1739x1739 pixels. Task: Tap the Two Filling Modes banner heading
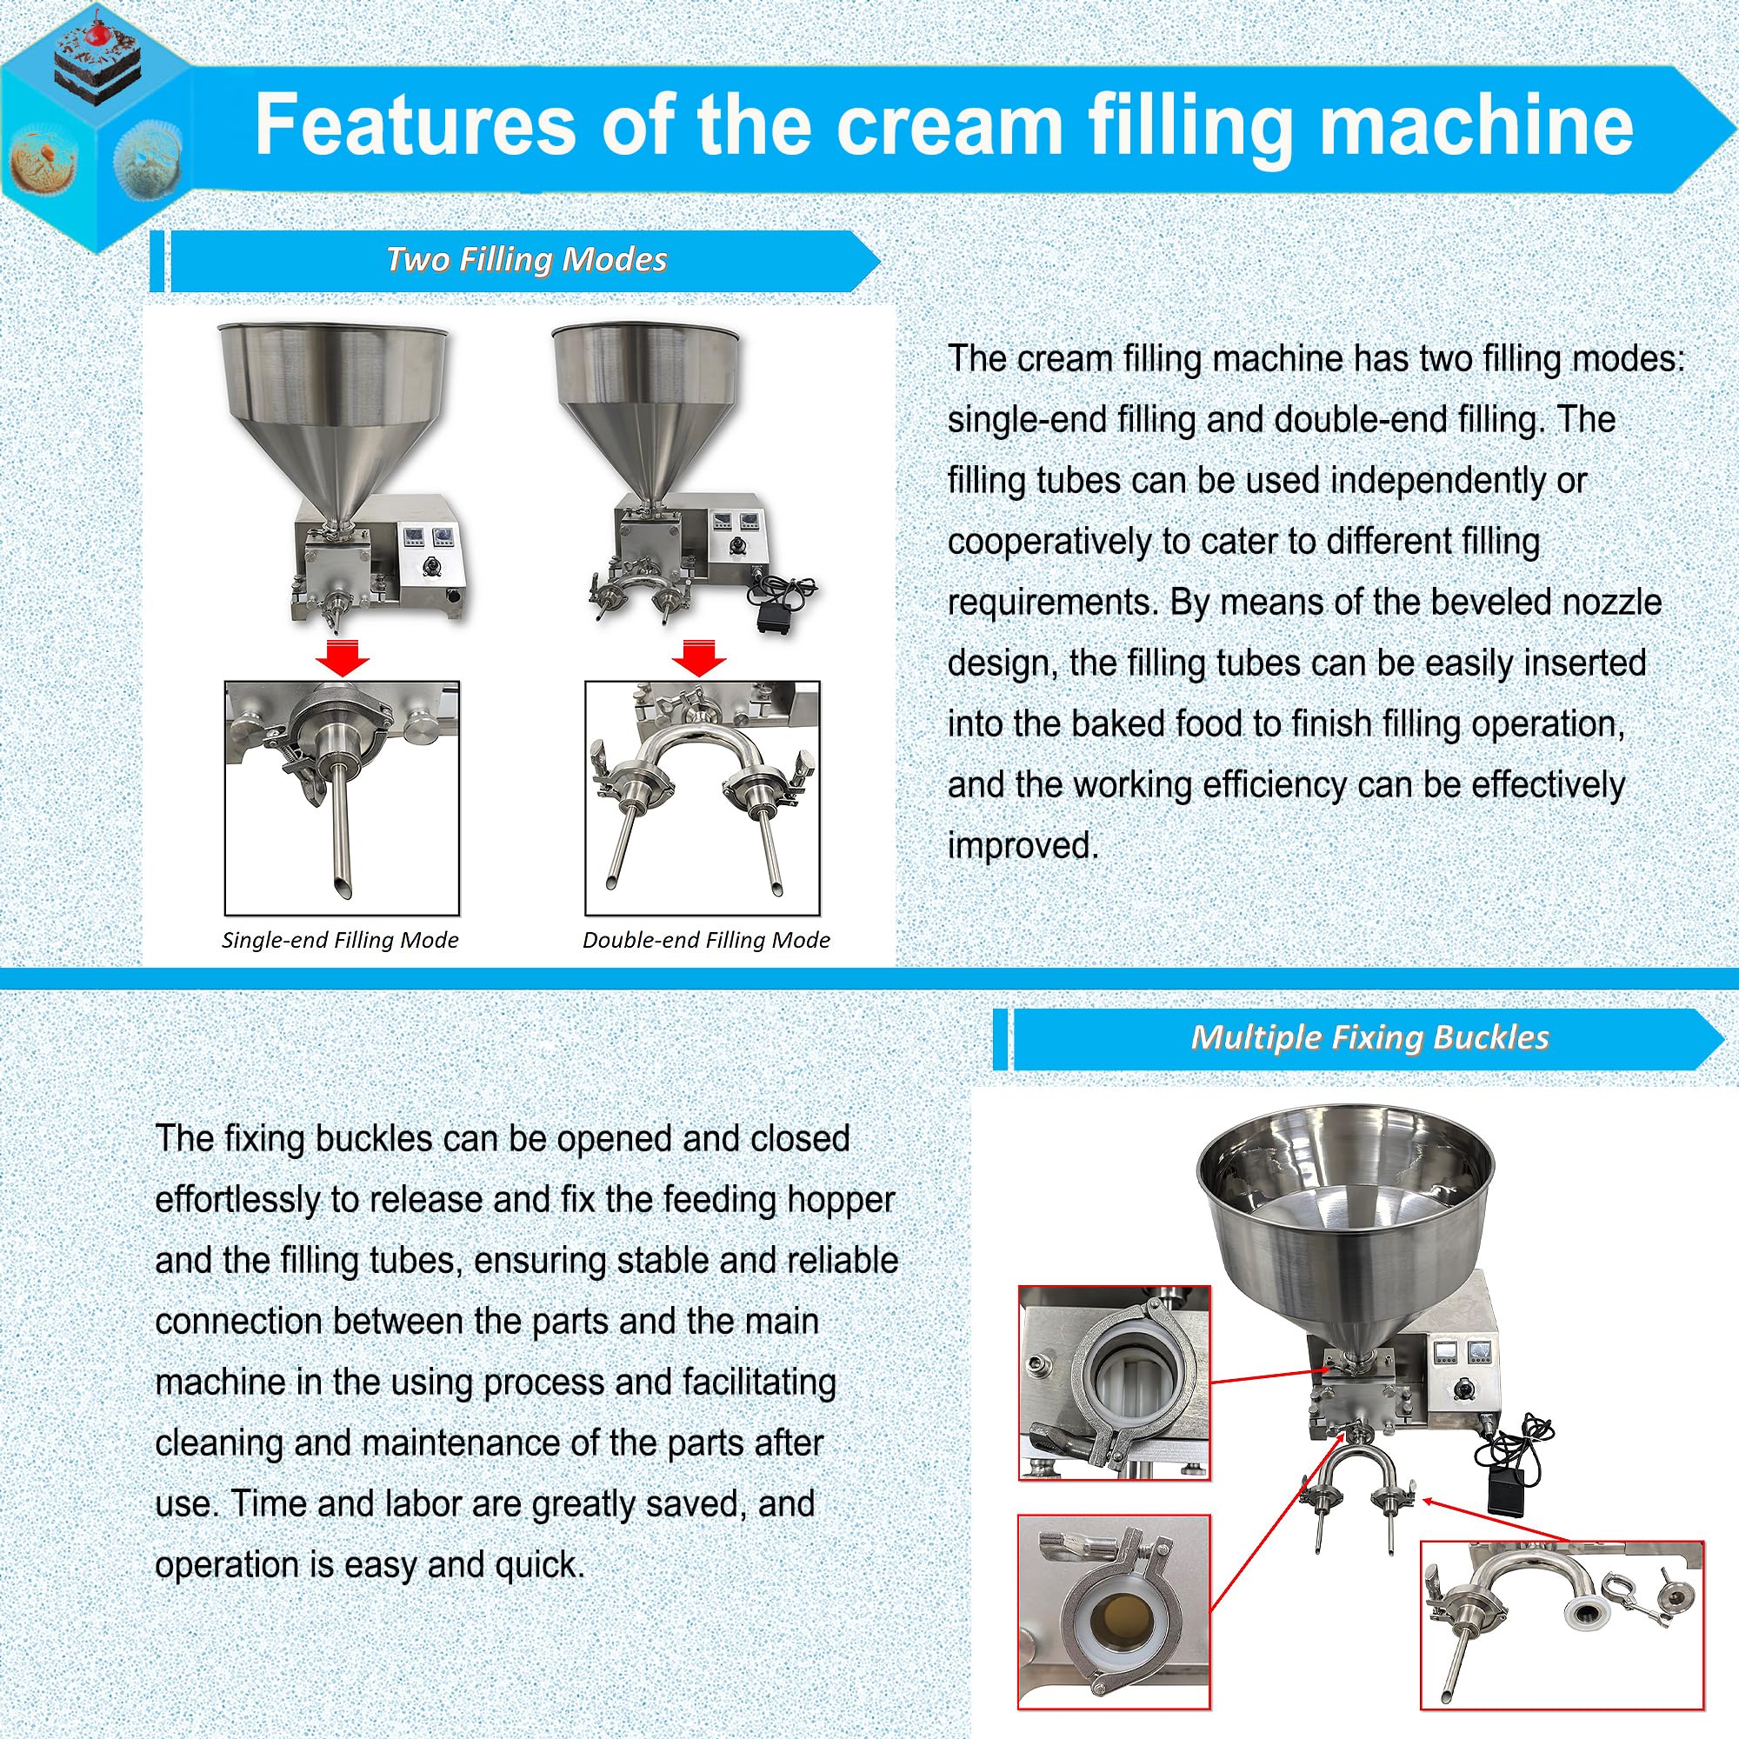click(x=526, y=260)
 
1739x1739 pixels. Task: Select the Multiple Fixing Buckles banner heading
click(x=1369, y=1038)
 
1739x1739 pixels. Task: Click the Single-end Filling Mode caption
click(x=340, y=940)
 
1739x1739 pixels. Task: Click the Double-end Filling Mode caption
click(x=706, y=940)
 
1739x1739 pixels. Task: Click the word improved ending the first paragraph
click(x=1023, y=846)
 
